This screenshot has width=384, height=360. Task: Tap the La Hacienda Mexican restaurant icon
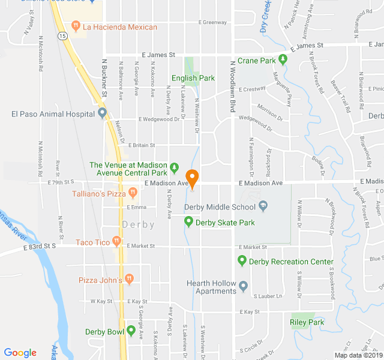tap(76, 26)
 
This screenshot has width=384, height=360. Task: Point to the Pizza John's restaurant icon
tap(129, 279)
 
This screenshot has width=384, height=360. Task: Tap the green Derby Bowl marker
tap(131, 331)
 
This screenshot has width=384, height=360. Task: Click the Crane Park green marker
tap(283, 59)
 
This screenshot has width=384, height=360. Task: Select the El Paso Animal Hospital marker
tap(102, 112)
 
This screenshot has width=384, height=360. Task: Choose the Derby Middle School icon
tap(262, 207)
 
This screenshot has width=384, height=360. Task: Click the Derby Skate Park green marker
tap(188, 222)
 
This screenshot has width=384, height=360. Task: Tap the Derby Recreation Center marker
tap(242, 261)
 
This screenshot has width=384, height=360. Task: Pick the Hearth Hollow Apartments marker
tap(243, 286)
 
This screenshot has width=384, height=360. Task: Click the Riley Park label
tap(307, 322)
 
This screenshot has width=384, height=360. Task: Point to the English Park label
tap(193, 78)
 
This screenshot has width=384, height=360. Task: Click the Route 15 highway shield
tap(62, 37)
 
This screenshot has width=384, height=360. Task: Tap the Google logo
tap(20, 353)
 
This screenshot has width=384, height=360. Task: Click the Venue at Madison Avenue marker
tap(174, 166)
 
